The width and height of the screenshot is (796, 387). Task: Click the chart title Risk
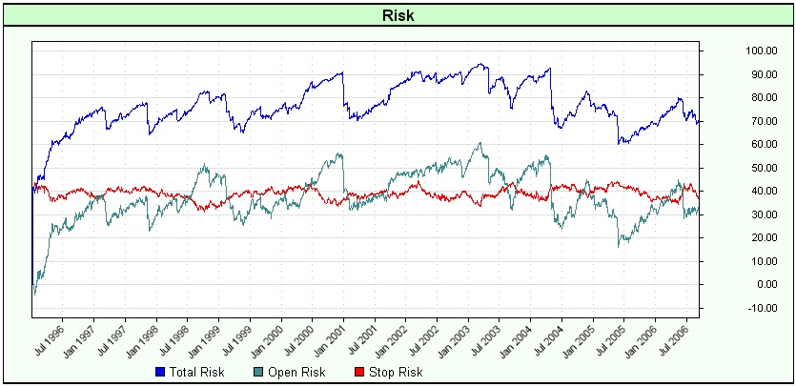(x=398, y=15)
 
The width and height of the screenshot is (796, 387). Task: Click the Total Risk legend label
(x=195, y=372)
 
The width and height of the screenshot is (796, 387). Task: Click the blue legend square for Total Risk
(x=158, y=372)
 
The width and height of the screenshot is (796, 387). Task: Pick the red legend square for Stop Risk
(x=359, y=372)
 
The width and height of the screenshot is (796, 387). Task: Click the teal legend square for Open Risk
(x=257, y=372)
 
